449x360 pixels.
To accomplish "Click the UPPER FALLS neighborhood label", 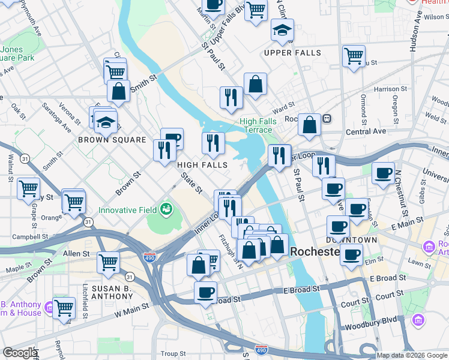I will tap(292, 53).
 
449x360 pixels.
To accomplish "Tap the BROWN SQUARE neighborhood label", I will tap(112, 140).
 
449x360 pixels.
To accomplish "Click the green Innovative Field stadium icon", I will tap(166, 210).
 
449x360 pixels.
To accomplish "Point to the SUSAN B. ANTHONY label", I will tap(116, 289).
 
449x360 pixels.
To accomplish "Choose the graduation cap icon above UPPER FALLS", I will tap(282, 31).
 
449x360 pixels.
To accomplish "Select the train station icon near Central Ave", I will tap(327, 118).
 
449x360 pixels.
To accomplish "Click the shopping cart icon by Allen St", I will tap(108, 262).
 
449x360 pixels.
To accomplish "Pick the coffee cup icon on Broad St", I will tap(205, 292).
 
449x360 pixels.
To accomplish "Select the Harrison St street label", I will tap(387, 89).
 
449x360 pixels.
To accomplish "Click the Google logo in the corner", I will tap(20, 353).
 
